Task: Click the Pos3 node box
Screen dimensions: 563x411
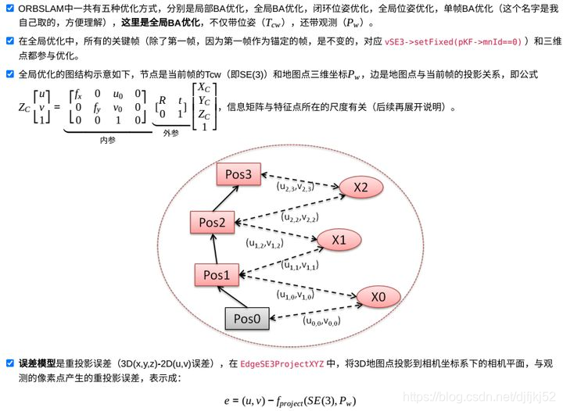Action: pos(238,175)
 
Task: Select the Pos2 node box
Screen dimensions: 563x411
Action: pos(212,223)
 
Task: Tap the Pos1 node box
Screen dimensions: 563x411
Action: pos(217,275)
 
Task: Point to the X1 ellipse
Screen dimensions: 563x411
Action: pos(339,240)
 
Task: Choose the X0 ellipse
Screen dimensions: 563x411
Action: pos(378,297)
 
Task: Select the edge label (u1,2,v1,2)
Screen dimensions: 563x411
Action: pos(265,243)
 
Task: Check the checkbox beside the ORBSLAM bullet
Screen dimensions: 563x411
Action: pos(9,8)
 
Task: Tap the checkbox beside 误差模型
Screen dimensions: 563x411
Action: pos(9,363)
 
